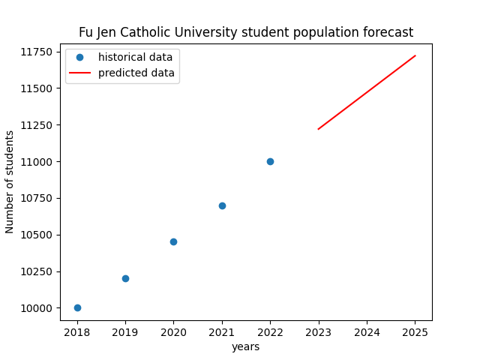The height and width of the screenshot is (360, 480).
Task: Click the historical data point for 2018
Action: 77,307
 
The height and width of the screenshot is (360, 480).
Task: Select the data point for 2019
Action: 125,278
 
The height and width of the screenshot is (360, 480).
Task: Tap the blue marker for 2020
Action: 173,241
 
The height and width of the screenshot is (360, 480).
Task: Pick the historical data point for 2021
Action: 222,205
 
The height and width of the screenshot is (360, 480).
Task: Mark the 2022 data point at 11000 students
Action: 270,161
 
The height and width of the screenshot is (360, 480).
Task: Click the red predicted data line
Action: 367,92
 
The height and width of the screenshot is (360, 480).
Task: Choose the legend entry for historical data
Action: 135,57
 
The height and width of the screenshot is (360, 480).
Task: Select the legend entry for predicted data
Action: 136,73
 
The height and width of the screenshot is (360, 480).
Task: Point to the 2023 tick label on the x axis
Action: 319,331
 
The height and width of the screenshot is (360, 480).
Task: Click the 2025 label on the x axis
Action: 415,331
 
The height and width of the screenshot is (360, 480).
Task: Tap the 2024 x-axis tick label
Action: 367,331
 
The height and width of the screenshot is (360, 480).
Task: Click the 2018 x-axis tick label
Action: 77,331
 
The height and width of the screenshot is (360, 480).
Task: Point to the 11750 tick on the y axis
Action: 36,52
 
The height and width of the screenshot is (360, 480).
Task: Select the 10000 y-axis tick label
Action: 36,308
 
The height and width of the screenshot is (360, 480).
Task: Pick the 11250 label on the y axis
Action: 36,125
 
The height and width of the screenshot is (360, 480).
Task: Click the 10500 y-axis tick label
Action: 36,235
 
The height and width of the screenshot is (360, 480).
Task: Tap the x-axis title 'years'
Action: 246,346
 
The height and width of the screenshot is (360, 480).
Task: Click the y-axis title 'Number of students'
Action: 10,181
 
